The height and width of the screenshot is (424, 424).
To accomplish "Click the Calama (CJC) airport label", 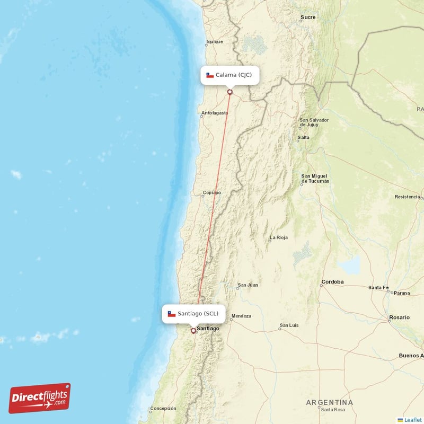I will click(230, 75).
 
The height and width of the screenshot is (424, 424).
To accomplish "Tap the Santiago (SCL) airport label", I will click(193, 314).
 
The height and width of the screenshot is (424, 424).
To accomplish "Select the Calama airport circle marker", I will click(230, 92).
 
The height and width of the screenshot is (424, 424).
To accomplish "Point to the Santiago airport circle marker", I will click(193, 331).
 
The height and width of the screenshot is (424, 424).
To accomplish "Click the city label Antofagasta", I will click(215, 113).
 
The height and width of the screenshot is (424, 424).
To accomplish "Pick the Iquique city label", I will click(215, 41).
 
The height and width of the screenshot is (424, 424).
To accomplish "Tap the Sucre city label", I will click(308, 17).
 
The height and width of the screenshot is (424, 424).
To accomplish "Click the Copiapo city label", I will click(212, 193).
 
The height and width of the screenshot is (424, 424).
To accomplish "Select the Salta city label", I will click(304, 138).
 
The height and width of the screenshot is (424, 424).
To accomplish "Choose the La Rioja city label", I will click(279, 238).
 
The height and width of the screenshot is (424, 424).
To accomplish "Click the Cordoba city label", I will click(332, 281).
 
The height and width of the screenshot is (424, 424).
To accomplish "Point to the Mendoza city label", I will click(241, 316).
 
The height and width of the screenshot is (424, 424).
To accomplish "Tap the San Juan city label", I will click(248, 285).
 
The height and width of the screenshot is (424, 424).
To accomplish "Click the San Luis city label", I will click(289, 325).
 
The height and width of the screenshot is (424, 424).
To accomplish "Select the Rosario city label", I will click(399, 317).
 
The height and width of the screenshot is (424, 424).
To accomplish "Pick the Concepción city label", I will click(163, 409).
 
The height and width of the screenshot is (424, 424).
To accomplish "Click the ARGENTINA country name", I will click(329, 403).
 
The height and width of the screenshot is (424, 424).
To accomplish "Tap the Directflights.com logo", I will click(40, 398).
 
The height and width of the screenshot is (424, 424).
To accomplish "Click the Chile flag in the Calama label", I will click(210, 75).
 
